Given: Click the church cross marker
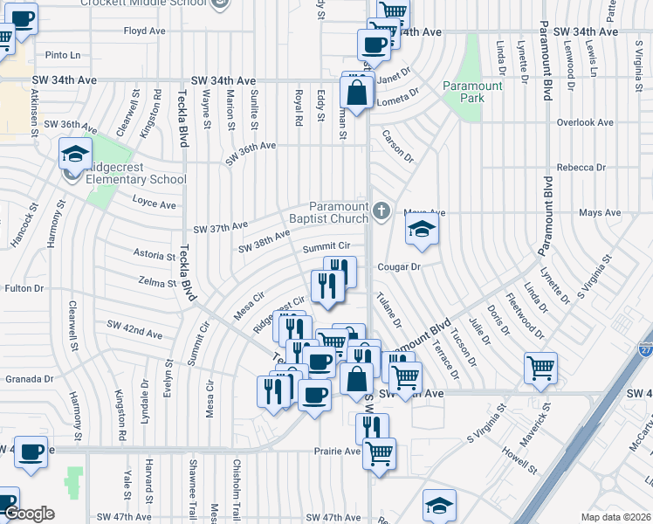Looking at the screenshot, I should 381,210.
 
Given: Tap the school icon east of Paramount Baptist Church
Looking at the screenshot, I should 422,231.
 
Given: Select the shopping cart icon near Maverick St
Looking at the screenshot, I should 540,368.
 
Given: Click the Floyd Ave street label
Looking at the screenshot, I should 145,31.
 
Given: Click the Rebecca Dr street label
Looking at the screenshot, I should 581,167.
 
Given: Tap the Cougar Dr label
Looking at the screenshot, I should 399,266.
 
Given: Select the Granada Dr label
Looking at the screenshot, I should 30,379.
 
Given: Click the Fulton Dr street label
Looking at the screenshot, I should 24,287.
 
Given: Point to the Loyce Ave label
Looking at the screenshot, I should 154,203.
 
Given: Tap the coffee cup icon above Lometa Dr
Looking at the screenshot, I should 374,45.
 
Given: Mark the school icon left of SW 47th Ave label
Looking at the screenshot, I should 439,505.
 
